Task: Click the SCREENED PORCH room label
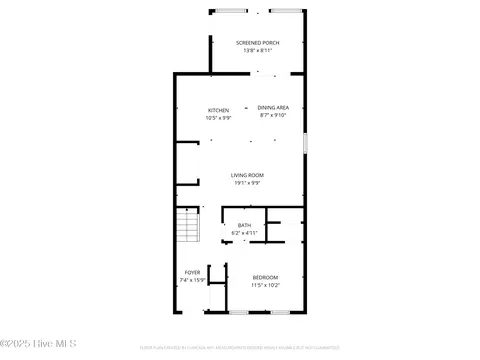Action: click(257, 43)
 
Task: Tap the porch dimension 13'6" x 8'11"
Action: click(257, 51)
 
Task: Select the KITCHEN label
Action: click(218, 110)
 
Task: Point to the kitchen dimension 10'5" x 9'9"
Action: click(218, 118)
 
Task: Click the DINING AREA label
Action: click(273, 107)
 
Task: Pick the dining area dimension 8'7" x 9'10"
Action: click(273, 115)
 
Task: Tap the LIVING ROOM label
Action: click(246, 175)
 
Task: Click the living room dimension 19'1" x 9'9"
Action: click(246, 183)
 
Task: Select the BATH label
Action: click(245, 225)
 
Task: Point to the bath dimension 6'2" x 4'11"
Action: click(245, 233)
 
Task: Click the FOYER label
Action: click(193, 272)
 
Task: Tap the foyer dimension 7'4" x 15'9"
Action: click(193, 280)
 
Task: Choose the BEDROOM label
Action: click(265, 277)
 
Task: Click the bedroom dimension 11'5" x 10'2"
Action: click(265, 285)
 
